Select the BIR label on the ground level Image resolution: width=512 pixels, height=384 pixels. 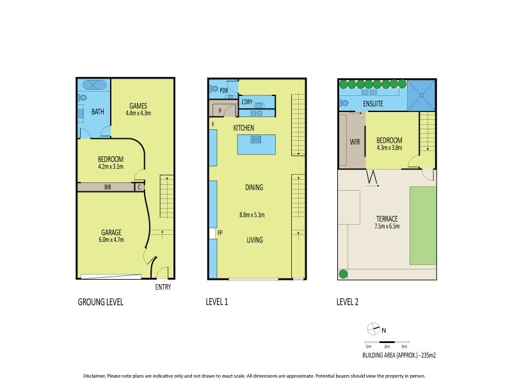click(109, 188)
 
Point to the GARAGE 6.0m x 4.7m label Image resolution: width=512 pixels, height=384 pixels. click(110, 236)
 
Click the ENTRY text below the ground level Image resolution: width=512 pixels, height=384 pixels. click(163, 287)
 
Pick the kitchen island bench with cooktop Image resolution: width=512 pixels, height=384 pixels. click(255, 144)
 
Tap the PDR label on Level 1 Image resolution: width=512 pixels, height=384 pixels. click(224, 90)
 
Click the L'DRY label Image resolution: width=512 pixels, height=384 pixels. click(246, 102)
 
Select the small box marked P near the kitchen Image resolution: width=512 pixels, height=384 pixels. click(220, 110)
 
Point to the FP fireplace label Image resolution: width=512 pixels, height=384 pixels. click(220, 233)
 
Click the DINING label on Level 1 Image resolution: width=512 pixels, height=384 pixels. click(254, 188)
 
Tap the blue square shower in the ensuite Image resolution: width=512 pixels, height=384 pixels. click(421, 95)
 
